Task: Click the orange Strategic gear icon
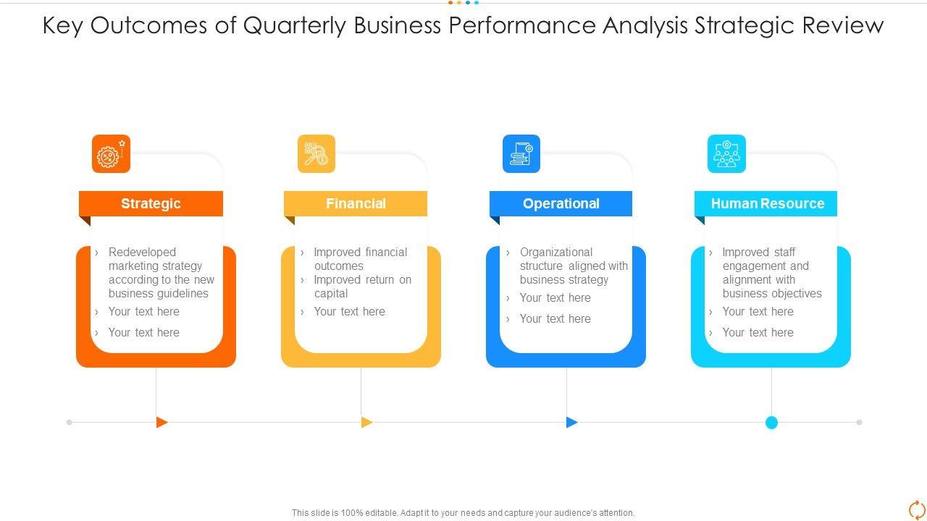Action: [x=111, y=154]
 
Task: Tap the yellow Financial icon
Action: [x=316, y=154]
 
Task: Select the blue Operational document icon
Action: [x=521, y=154]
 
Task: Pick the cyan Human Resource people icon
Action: [x=726, y=154]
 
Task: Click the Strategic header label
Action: [x=151, y=203]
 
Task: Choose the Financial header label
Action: [x=356, y=203]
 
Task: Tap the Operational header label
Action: [x=561, y=203]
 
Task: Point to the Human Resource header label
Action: [x=767, y=203]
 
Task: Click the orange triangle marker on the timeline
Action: [x=162, y=422]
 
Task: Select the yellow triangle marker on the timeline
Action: [x=366, y=422]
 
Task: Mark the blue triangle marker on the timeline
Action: [x=571, y=422]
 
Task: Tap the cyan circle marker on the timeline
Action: [x=771, y=423]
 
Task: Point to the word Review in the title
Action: [x=843, y=25]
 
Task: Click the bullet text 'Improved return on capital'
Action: [x=362, y=287]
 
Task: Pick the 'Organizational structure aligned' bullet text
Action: [x=573, y=266]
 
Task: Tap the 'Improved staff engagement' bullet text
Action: [x=771, y=273]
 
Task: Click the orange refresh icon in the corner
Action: [x=916, y=509]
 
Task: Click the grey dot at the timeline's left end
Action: [x=70, y=422]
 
